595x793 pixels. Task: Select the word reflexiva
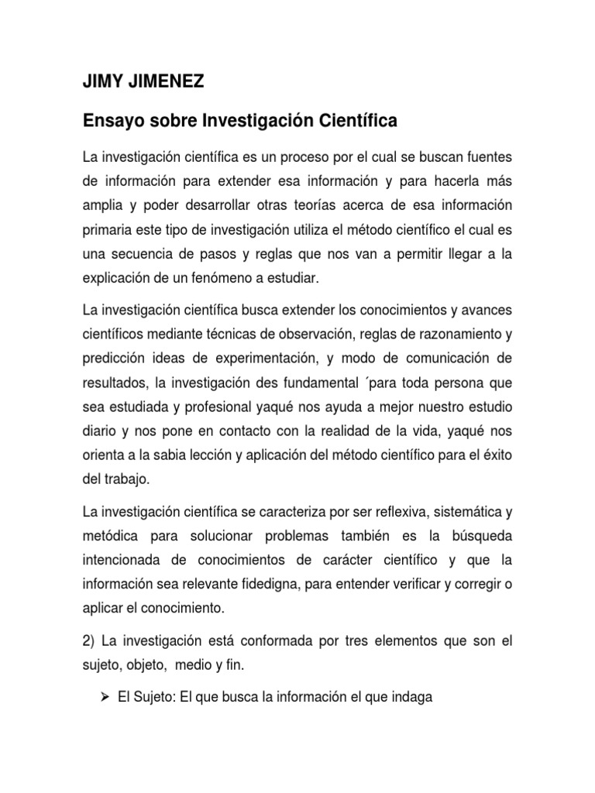click(x=370, y=512)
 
